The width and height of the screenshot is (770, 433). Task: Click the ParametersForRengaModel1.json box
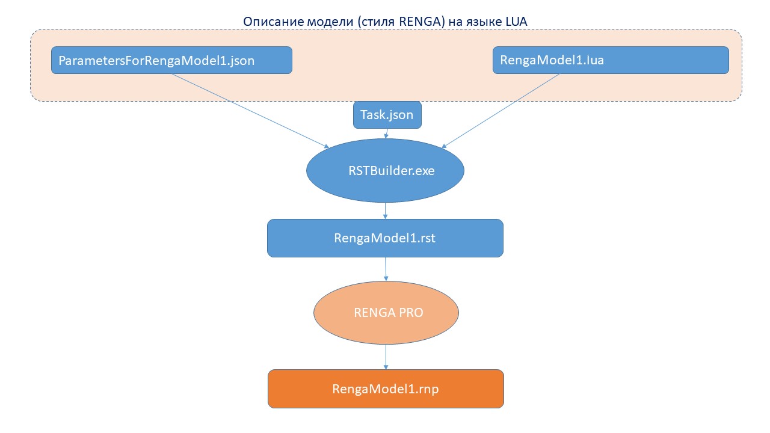click(x=171, y=60)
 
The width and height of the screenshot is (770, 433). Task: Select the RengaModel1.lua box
click(x=611, y=60)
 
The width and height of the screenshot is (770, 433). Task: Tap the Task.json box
click(x=387, y=115)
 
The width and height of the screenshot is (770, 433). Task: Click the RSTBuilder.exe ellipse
click(x=386, y=171)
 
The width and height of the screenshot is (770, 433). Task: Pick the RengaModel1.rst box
click(x=385, y=238)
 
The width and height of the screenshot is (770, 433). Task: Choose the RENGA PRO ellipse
click(x=386, y=312)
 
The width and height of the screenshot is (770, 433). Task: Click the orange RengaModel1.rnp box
click(x=385, y=389)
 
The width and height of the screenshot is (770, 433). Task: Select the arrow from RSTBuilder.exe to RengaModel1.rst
click(x=385, y=211)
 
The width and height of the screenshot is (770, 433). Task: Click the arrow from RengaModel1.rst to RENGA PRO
click(x=386, y=269)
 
